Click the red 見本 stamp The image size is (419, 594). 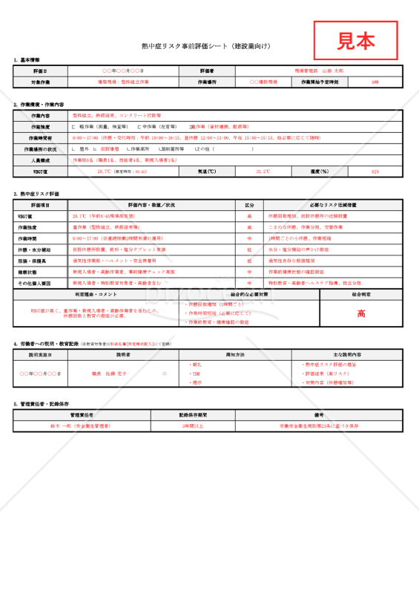(355, 40)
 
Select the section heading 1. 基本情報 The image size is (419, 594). (27, 59)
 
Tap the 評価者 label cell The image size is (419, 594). (207, 71)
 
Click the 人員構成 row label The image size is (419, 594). (41, 160)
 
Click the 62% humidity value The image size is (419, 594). (375, 171)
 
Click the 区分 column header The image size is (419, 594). (249, 204)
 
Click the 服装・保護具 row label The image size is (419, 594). (41, 261)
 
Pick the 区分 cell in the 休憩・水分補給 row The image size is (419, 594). (249, 249)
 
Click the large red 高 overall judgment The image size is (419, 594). (361, 313)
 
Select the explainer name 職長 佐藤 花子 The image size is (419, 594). (110, 373)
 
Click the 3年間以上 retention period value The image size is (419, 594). (193, 426)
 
